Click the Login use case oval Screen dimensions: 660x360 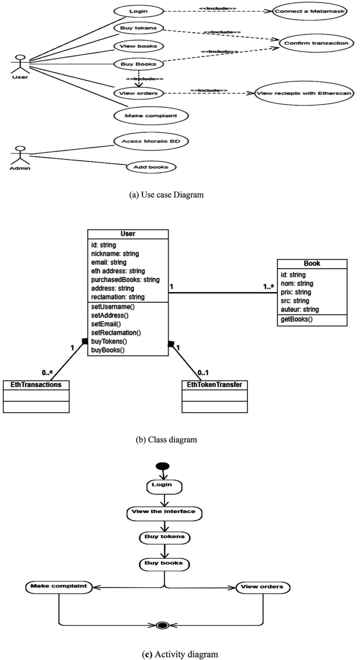click(137, 11)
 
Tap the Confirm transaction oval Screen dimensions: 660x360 click(316, 43)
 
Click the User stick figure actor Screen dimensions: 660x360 click(20, 64)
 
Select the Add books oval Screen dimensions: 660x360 click(151, 167)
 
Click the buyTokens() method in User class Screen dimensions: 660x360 click(109, 341)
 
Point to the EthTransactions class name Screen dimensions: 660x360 click(36, 385)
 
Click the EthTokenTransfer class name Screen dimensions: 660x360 click(214, 385)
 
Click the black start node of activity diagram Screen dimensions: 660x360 click(162, 467)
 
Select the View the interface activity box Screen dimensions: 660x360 click(164, 511)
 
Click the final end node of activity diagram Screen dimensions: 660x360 click(162, 625)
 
